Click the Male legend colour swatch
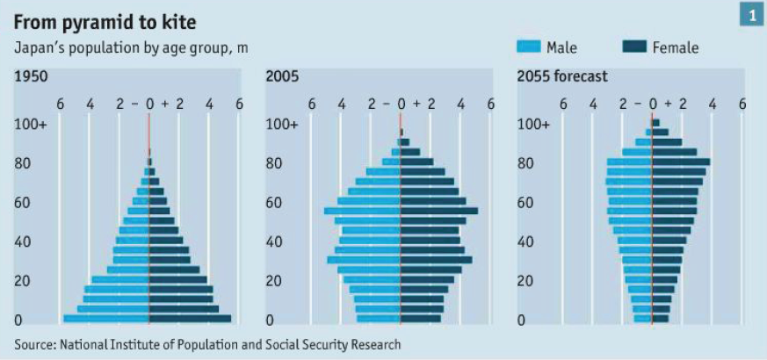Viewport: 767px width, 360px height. [529, 47]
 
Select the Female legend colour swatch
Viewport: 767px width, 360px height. [633, 47]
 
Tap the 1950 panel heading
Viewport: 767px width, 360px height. [31, 77]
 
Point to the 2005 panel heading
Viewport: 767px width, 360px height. [282, 77]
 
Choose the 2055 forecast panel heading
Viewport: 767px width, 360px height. [562, 77]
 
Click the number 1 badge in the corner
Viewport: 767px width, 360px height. [752, 15]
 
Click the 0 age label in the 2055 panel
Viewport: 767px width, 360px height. [522, 320]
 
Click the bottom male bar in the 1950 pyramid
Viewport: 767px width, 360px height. [105, 319]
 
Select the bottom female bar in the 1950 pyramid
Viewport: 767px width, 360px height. [190, 319]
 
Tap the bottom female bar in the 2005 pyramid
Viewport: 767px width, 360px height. [422, 319]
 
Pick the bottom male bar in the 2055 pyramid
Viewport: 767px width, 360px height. [642, 319]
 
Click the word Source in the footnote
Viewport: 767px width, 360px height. [33, 345]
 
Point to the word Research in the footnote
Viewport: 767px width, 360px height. [373, 345]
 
